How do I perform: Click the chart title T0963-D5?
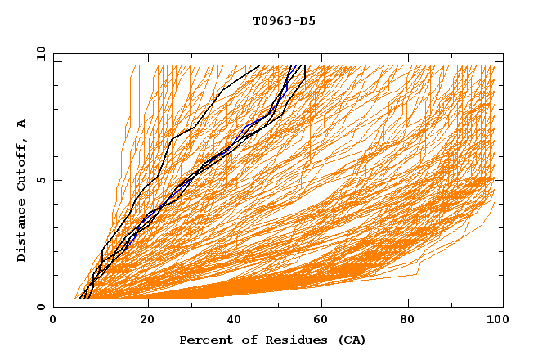(284, 20)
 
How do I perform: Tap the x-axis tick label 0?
(53, 321)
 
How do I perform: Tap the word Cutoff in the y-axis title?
(22, 164)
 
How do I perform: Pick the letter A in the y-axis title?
(22, 124)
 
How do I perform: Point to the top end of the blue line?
(289, 66)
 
